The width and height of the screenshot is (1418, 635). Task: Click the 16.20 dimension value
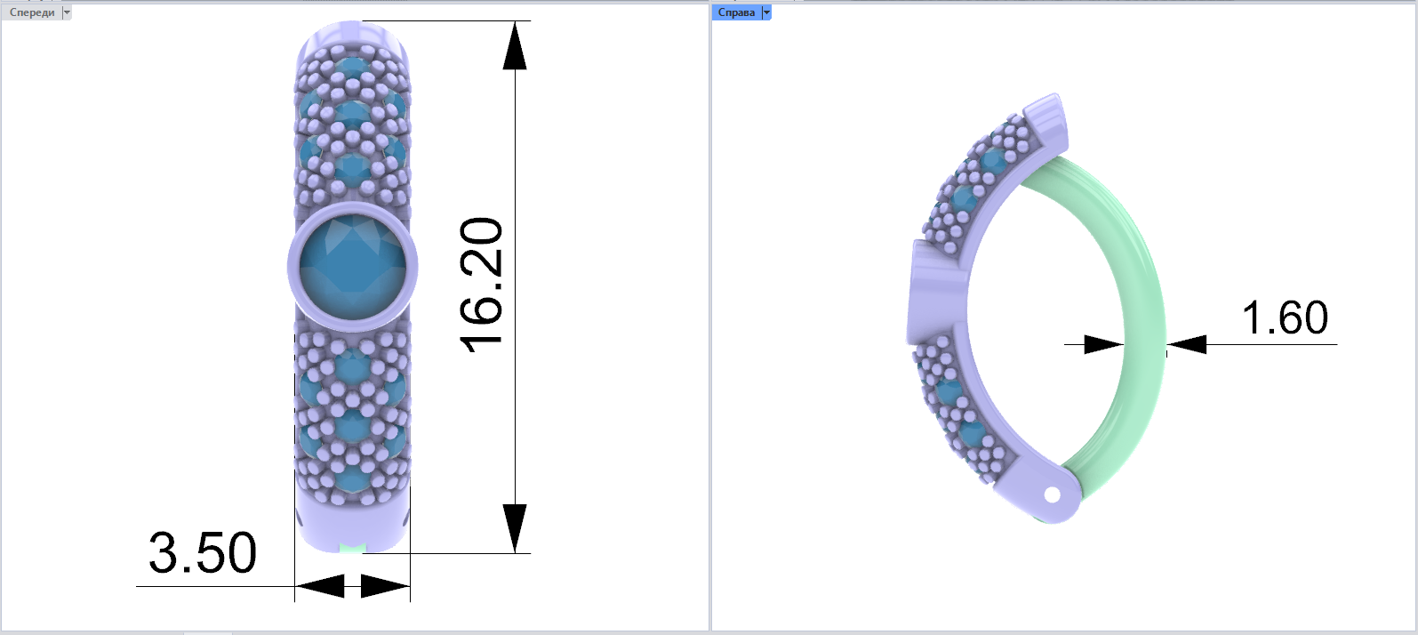tap(481, 285)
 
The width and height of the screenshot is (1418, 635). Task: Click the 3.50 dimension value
tap(203, 553)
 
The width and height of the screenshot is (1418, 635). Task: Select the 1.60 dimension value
tap(1285, 317)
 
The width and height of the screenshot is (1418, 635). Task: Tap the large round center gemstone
tap(353, 266)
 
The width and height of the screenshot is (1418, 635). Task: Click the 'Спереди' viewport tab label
tap(32, 12)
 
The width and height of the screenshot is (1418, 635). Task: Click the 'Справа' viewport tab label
tap(736, 12)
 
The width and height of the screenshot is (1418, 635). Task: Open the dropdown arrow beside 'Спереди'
tap(67, 12)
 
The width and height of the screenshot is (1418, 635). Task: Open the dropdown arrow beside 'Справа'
tap(766, 12)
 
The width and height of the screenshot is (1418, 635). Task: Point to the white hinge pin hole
tap(1052, 495)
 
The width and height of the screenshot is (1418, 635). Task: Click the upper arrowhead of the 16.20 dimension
tap(515, 45)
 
